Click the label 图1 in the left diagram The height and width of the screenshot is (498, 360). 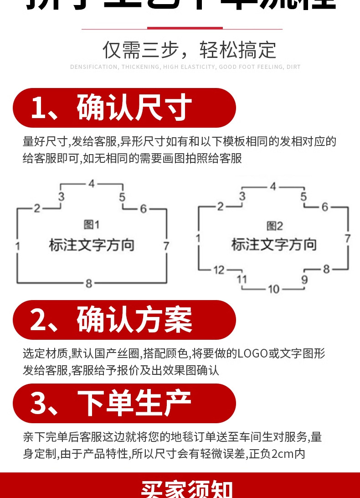click(92, 225)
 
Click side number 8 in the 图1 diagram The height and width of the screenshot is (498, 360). click(89, 283)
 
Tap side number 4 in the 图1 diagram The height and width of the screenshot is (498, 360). click(92, 184)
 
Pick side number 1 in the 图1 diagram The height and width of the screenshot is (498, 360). click(17, 246)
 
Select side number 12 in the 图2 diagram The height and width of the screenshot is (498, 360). click(219, 270)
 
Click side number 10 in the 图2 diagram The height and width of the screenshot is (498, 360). click(273, 289)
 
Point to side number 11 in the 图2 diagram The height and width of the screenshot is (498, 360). click(242, 279)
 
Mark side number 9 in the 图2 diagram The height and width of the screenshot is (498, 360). click(304, 279)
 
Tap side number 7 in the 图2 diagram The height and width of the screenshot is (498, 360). click(347, 238)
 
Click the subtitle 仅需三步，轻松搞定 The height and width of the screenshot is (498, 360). click(189, 50)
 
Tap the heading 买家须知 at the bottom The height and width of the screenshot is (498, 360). click(186, 489)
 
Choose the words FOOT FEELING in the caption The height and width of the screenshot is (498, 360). click(258, 67)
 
